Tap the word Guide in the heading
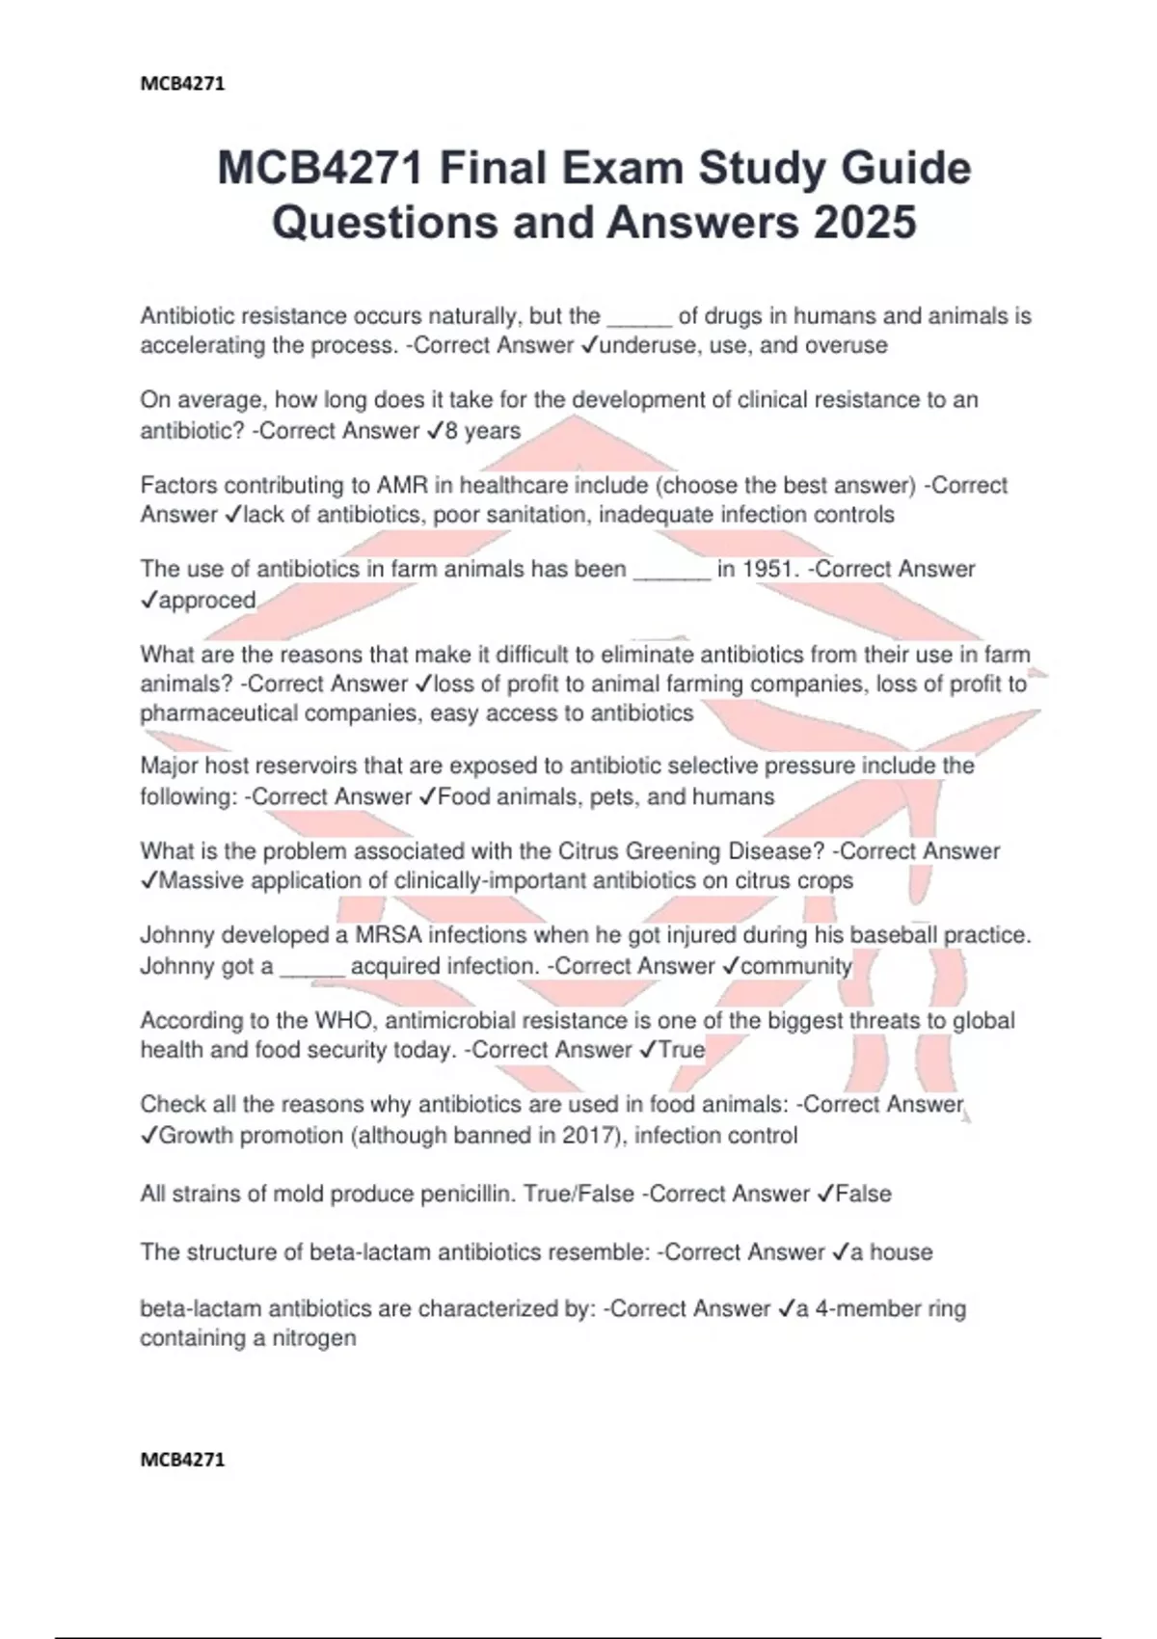point(905,169)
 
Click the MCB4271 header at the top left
point(182,84)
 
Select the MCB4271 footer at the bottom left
point(182,1460)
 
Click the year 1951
point(770,570)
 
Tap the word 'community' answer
point(796,966)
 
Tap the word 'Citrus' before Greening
point(588,851)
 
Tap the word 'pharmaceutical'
point(226,713)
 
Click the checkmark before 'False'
point(824,1195)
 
